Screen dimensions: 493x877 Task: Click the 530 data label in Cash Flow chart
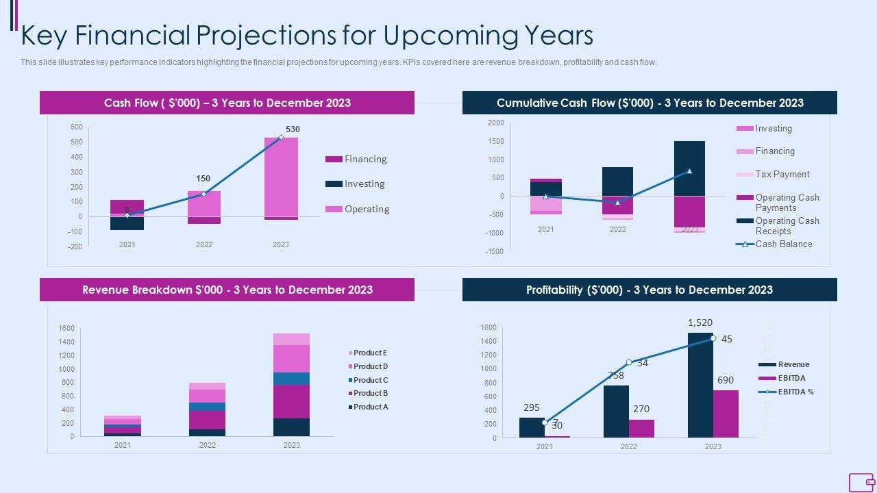tap(293, 129)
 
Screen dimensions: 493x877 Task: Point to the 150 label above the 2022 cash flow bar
tap(203, 179)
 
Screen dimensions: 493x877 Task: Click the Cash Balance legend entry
tap(783, 244)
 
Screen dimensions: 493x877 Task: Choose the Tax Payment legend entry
tap(782, 174)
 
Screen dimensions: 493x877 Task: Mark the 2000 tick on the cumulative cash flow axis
tap(495, 123)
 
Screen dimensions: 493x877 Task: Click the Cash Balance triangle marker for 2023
tap(689, 171)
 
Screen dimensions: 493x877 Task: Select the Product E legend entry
tap(370, 353)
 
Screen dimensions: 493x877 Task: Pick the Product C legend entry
tap(370, 380)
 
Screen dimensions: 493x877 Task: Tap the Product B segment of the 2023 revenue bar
tap(292, 401)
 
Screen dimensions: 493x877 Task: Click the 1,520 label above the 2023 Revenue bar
tap(700, 323)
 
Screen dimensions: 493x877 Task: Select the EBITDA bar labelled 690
tap(726, 414)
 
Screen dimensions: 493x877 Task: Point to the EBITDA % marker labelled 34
tap(629, 362)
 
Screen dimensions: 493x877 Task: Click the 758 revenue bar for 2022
tap(616, 411)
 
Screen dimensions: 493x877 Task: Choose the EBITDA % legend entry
tap(795, 392)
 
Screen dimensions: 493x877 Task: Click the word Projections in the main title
tap(287, 35)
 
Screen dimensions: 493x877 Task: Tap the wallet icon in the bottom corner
tap(861, 482)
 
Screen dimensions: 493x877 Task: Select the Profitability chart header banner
tap(650, 290)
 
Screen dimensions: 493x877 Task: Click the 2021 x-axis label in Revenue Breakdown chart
tap(123, 445)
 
